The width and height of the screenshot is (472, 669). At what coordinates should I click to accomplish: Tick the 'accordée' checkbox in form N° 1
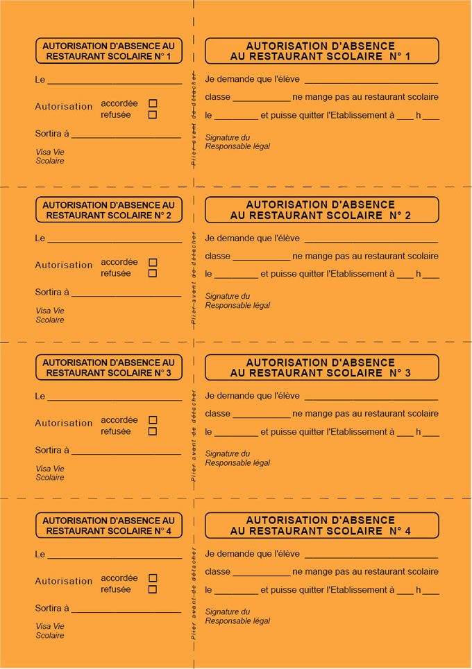pos(153,103)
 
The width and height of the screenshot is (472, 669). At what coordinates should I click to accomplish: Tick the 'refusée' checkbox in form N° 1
pos(153,115)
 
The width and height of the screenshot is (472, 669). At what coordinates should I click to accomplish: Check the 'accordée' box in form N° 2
pos(153,262)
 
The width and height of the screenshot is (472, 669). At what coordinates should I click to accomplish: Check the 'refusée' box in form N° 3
pos(153,431)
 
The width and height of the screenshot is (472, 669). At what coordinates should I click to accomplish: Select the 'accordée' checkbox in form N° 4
pos(153,577)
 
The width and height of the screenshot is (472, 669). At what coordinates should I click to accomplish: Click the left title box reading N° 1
pos(109,51)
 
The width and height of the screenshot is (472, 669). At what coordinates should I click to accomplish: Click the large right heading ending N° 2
pos(321,209)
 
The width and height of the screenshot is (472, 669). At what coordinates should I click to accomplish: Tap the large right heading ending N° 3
pos(321,367)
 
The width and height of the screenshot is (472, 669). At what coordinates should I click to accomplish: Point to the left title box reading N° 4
pos(109,525)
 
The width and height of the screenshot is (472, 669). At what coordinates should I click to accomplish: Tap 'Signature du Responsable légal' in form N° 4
pos(237,616)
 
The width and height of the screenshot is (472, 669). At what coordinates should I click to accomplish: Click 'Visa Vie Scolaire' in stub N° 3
pos(50,473)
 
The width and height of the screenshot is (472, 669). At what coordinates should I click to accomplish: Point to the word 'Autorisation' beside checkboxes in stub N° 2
pos(64,265)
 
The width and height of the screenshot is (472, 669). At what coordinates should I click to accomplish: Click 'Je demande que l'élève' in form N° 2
pos(253,238)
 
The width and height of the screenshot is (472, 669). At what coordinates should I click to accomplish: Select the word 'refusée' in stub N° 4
pos(116,589)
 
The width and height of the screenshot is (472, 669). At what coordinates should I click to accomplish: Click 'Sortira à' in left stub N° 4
pos(52,608)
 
